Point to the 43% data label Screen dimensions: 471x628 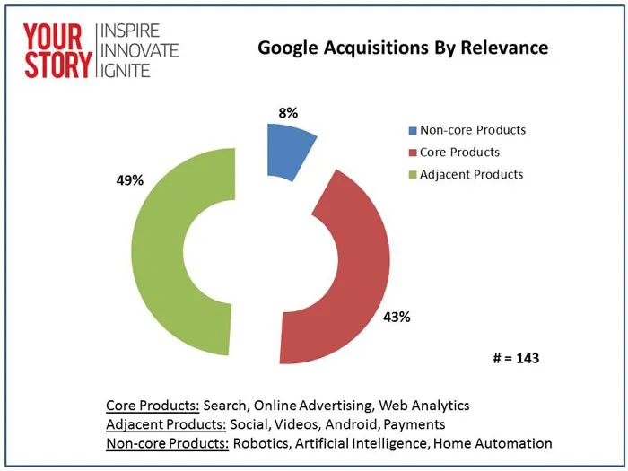pyautogui.click(x=397, y=317)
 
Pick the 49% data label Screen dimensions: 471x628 pyautogui.click(x=129, y=180)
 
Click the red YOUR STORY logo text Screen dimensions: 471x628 pyautogui.click(x=57, y=49)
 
